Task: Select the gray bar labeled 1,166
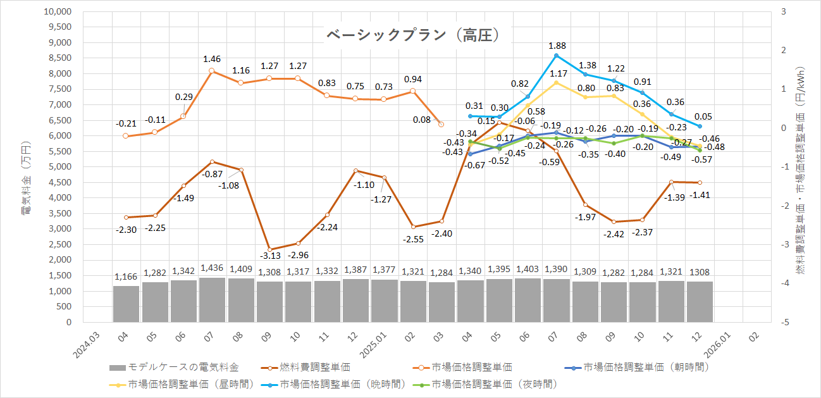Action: click(x=126, y=304)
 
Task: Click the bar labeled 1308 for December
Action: click(x=700, y=302)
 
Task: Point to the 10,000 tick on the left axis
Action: click(x=58, y=12)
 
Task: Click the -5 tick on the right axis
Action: click(x=784, y=322)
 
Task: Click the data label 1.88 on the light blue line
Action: click(x=557, y=46)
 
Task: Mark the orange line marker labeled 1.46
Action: click(x=212, y=71)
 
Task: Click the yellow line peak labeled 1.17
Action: click(x=556, y=82)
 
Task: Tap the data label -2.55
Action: click(x=413, y=239)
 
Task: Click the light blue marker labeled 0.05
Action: click(x=700, y=126)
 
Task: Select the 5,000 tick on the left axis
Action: click(x=61, y=167)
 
